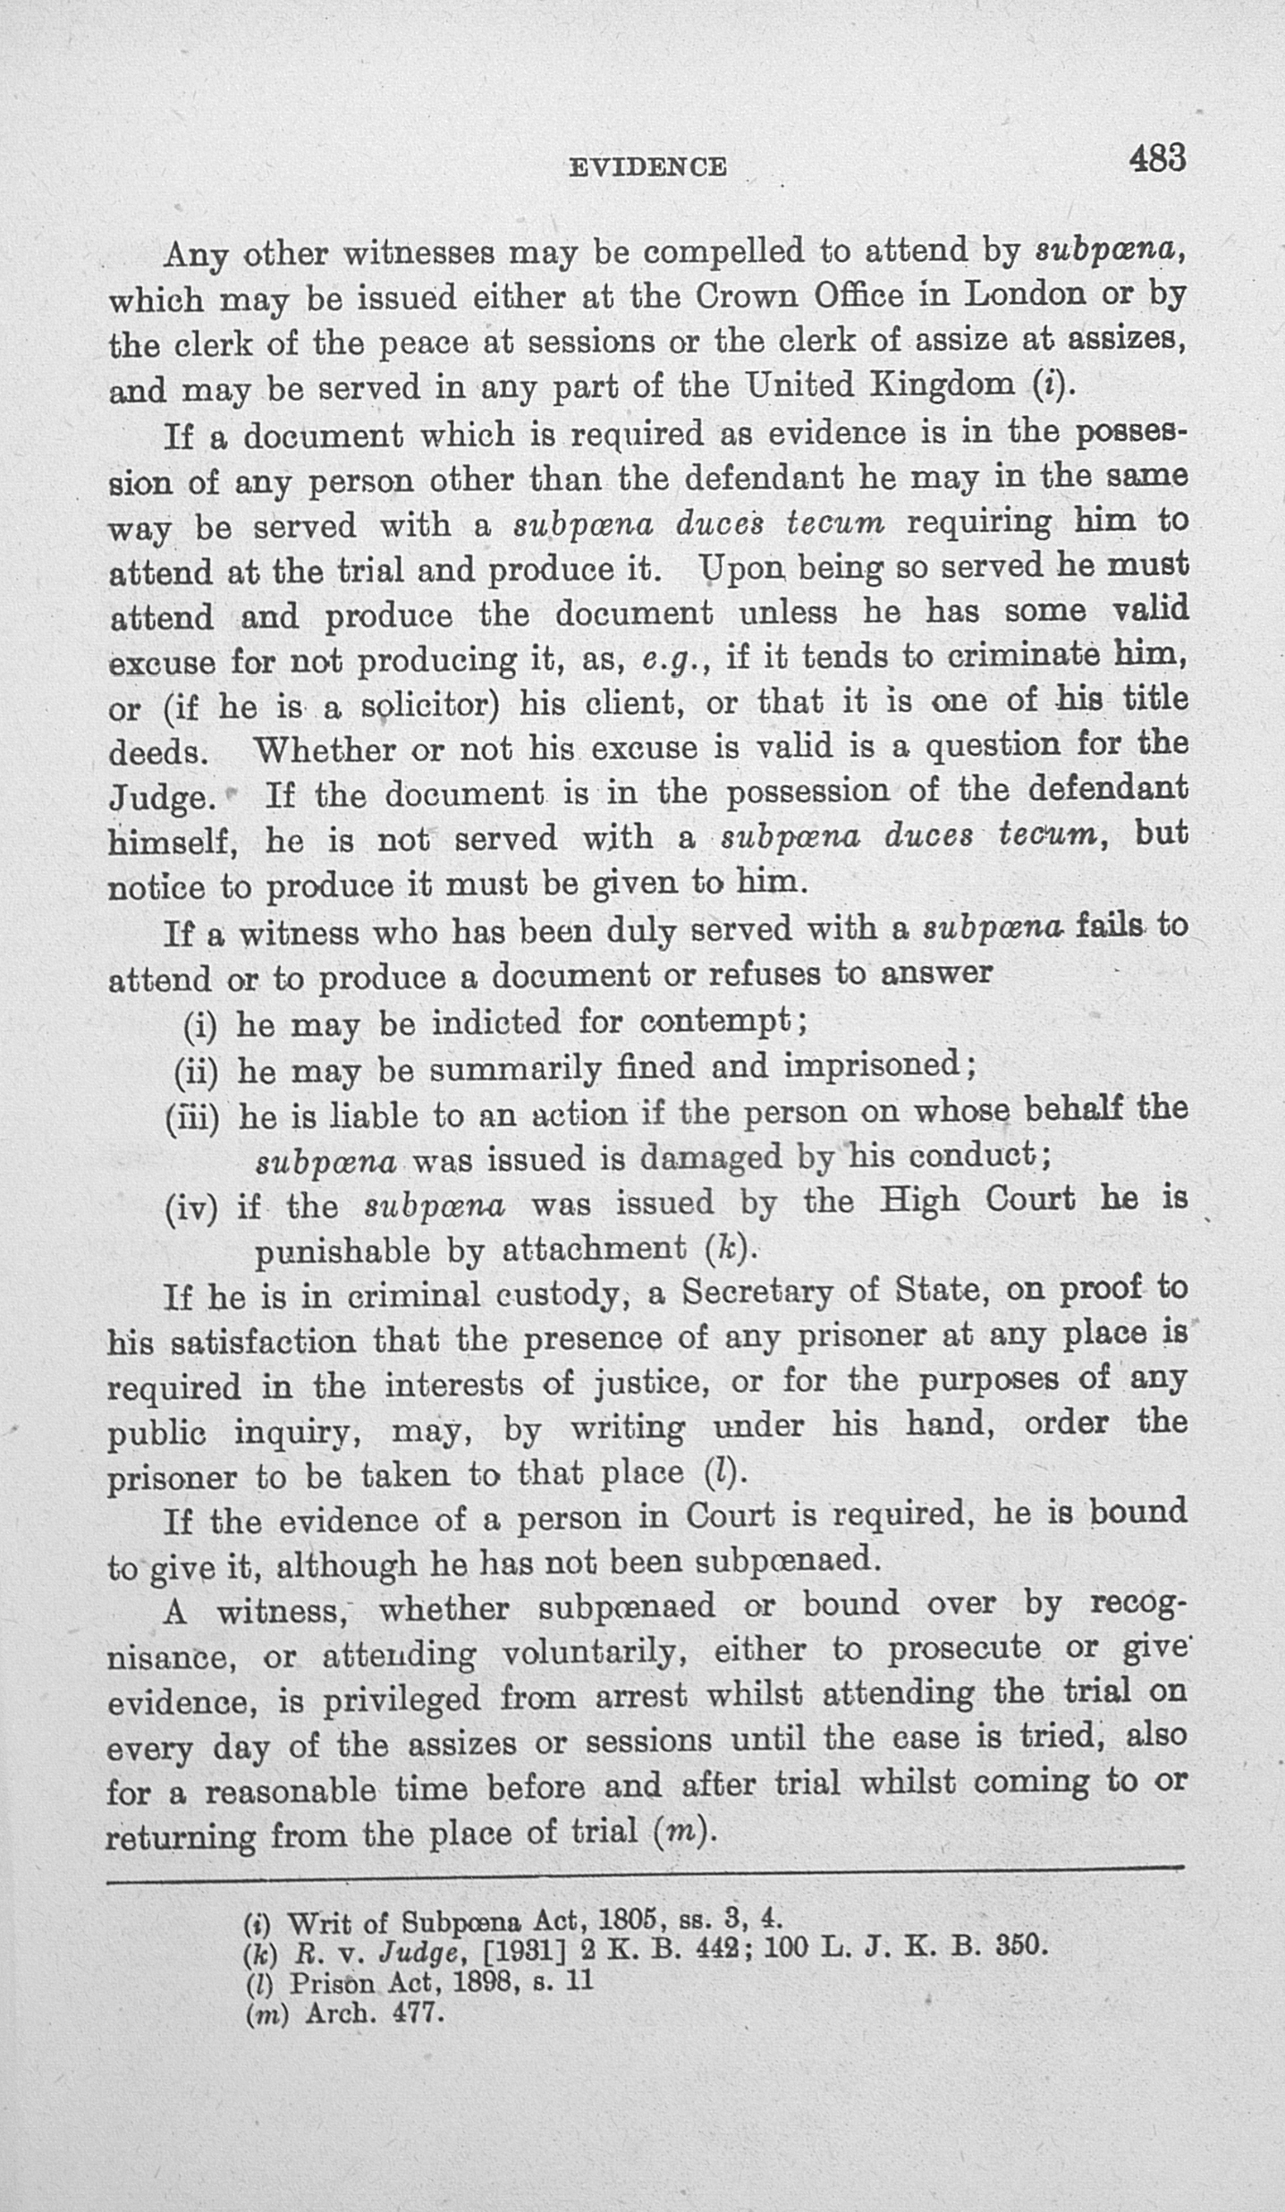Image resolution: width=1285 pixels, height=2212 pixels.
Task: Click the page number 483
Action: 1157,159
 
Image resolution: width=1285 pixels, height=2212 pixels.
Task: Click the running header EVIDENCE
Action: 647,166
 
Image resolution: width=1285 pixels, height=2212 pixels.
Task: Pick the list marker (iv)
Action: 191,1209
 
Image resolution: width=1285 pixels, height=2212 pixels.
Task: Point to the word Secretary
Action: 764,1292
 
